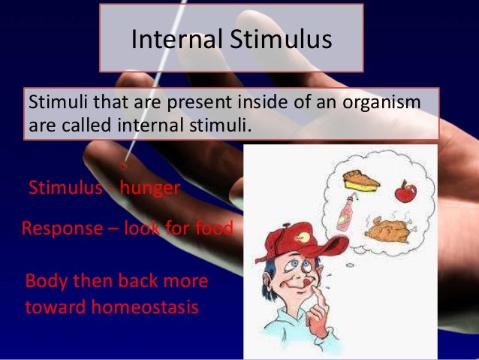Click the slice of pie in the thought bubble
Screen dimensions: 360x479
click(355, 179)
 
